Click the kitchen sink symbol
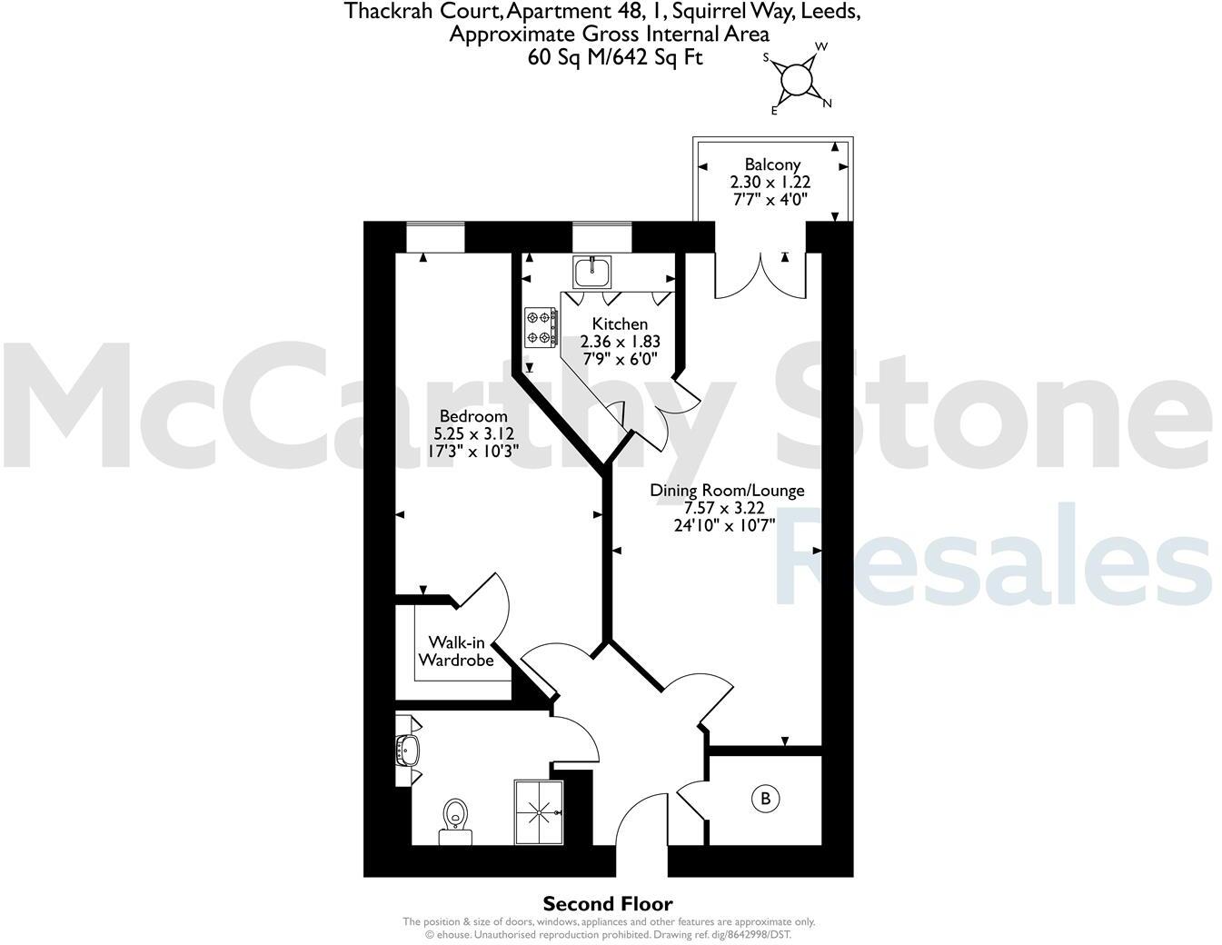[592, 270]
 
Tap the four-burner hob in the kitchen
[540, 328]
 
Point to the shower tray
[539, 811]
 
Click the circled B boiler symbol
[765, 799]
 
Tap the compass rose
[797, 79]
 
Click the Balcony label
[772, 164]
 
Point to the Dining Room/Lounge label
[727, 491]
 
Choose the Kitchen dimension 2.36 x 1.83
[620, 342]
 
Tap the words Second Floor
[608, 904]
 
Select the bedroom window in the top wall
[435, 237]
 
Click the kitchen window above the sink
[601, 237]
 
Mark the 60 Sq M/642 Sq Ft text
[615, 57]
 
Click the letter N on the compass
[827, 103]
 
